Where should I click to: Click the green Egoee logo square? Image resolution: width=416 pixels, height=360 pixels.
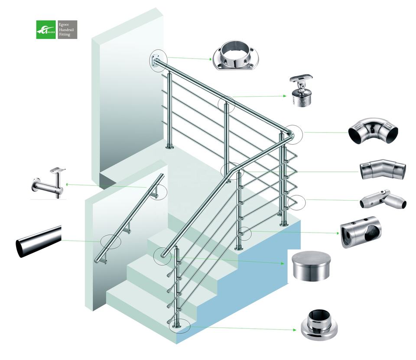tap(46, 30)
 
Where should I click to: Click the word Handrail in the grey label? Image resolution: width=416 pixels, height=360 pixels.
tap(66, 30)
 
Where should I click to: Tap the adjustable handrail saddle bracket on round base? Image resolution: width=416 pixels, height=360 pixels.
tap(301, 91)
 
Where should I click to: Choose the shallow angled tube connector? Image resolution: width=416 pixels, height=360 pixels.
tap(383, 169)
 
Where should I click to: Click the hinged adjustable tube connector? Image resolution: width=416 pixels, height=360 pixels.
tap(382, 200)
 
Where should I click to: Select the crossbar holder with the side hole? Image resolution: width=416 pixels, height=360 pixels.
tap(360, 232)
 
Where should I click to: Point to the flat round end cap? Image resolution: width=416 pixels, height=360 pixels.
tap(311, 266)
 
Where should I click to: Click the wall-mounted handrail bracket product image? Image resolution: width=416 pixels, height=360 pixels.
tap(49, 183)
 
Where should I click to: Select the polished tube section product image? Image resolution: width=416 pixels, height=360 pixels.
tap(39, 241)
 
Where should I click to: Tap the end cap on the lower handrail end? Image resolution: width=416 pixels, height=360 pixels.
tap(162, 254)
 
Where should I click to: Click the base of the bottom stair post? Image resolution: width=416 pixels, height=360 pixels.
tap(175, 325)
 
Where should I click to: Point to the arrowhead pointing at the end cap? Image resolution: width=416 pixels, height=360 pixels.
tap(283, 263)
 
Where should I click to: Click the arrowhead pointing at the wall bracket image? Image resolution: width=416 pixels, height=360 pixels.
tap(68, 184)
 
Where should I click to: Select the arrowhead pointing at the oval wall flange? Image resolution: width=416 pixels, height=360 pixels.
tap(210, 59)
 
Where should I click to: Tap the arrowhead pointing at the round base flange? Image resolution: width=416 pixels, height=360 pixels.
tap(295, 330)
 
